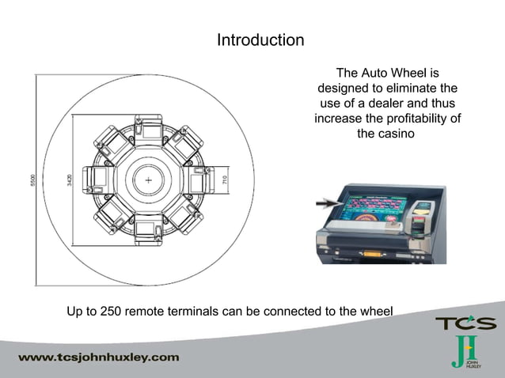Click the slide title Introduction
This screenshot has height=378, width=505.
pyautogui.click(x=260, y=40)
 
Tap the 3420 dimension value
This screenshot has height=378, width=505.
pyautogui.click(x=70, y=180)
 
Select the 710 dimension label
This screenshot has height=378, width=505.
pyautogui.click(x=226, y=181)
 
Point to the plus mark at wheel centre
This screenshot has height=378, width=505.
pyautogui.click(x=149, y=181)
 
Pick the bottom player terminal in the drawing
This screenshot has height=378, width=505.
pyautogui.click(x=149, y=230)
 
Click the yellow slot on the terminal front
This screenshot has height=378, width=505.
pyautogui.click(x=369, y=253)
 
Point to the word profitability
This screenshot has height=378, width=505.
pyautogui.click(x=417, y=119)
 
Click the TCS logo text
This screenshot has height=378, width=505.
pyautogui.click(x=465, y=323)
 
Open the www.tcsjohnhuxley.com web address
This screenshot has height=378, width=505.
pyautogui.click(x=99, y=357)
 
